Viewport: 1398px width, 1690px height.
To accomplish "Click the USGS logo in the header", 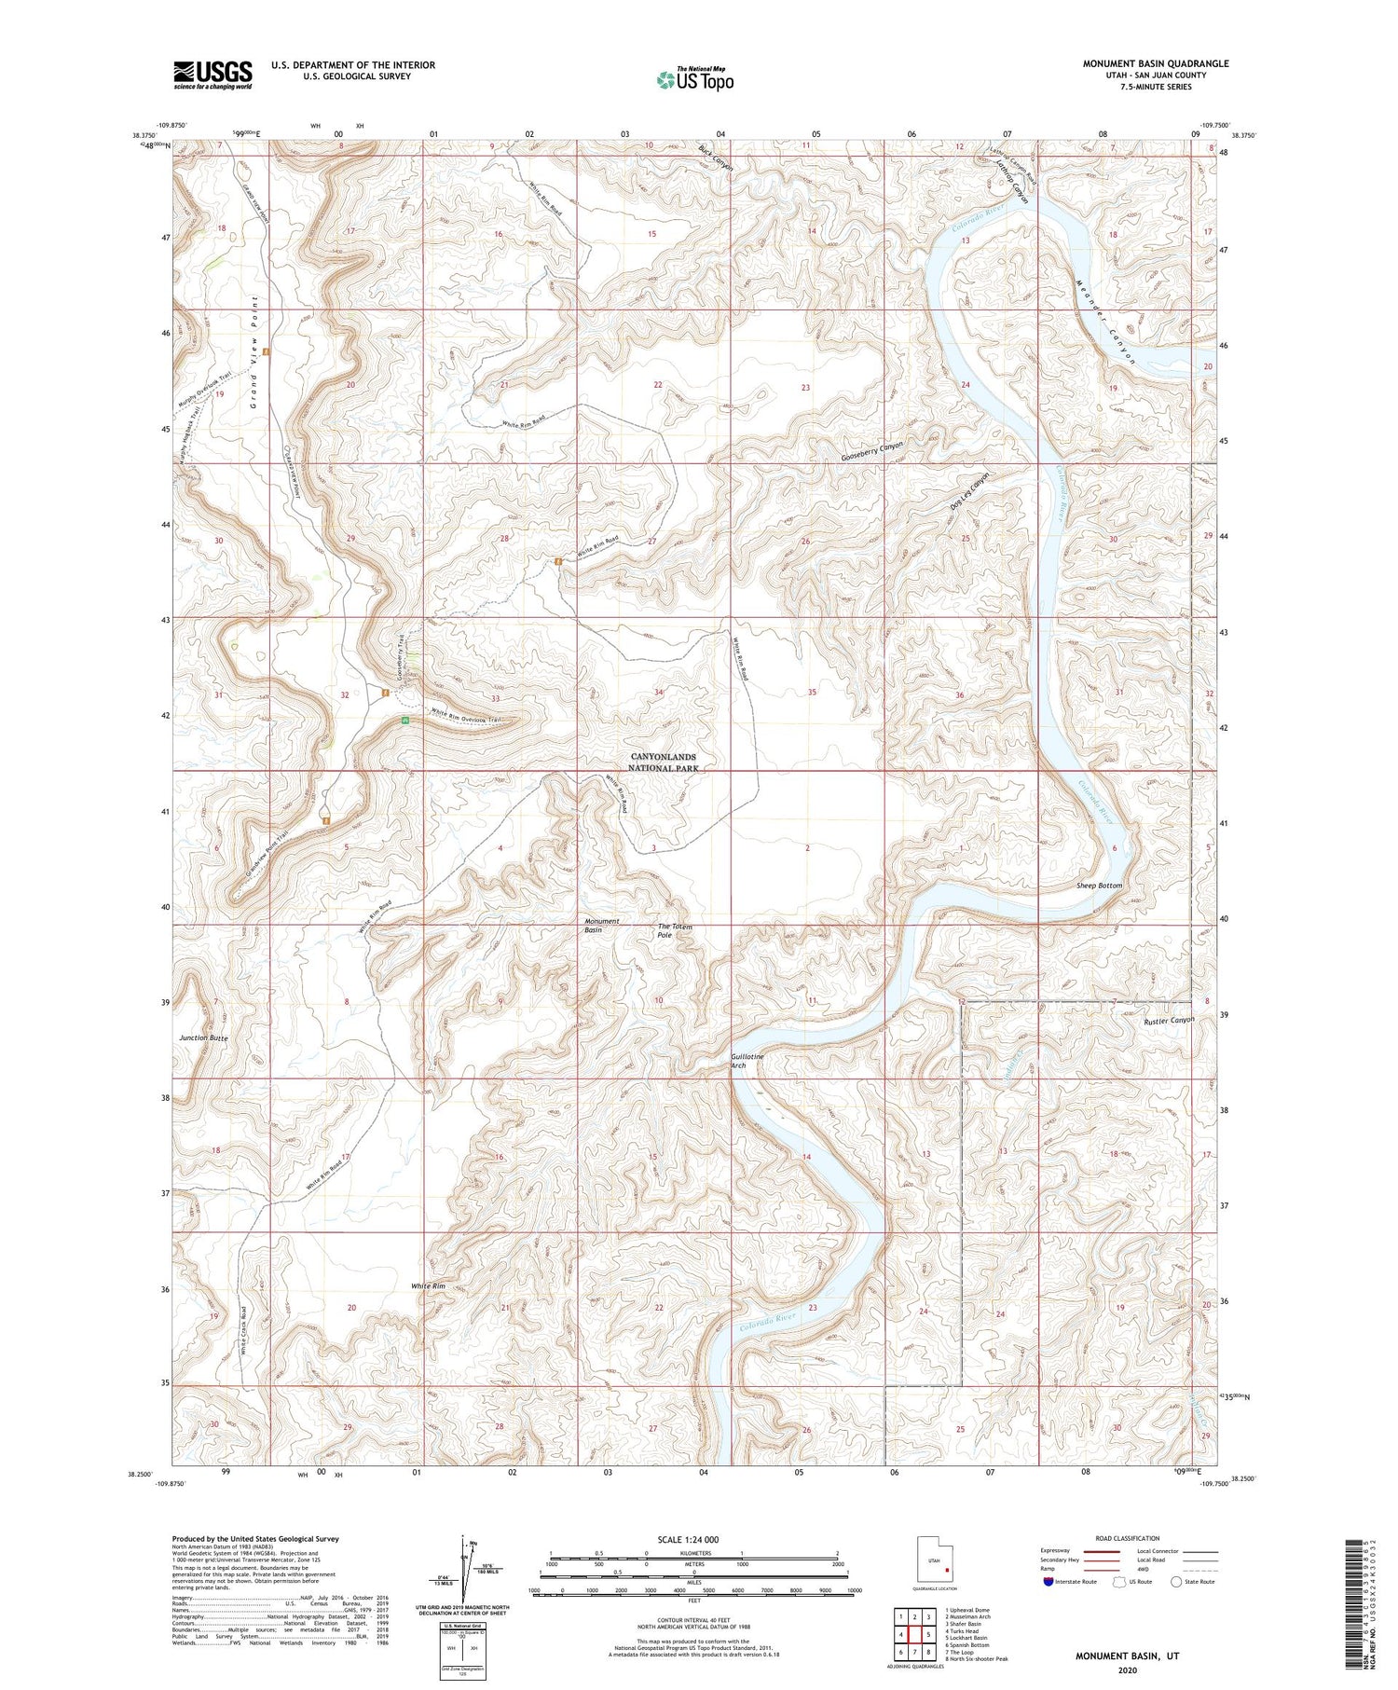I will pos(212,75).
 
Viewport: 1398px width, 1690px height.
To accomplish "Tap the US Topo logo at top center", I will pos(695,80).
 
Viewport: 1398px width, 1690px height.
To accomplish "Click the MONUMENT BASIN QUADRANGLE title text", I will pos(1155,63).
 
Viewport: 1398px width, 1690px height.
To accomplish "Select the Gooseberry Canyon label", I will pos(871,452).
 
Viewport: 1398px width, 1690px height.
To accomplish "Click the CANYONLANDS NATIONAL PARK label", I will pos(663,763).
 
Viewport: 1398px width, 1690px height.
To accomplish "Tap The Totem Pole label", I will pos(675,930).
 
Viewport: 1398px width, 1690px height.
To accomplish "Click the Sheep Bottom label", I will pos(1099,886).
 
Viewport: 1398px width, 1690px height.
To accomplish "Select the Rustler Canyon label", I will pos(1168,1021).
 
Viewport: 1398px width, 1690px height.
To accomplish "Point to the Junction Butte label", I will pos(203,1037).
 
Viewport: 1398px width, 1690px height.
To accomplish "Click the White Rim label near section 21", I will pos(428,1286).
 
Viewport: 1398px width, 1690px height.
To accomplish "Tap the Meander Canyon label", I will pos(1106,322).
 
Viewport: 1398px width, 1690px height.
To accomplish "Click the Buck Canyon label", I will pos(716,157).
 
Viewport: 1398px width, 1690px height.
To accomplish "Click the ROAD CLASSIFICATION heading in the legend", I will pos(1128,1538).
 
